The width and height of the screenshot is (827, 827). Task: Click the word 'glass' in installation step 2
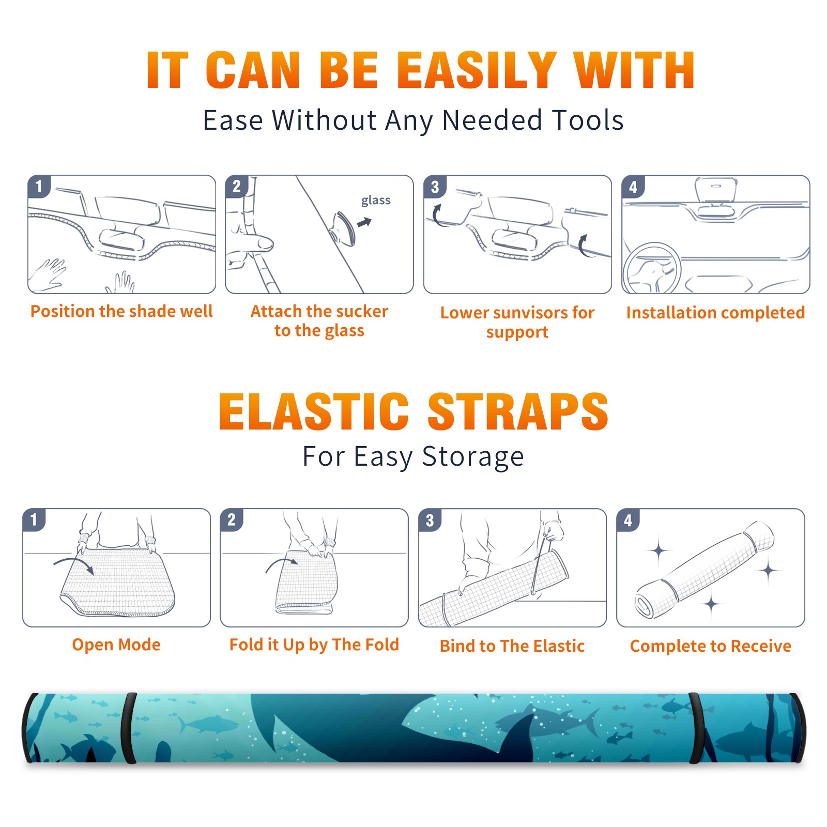coord(376,201)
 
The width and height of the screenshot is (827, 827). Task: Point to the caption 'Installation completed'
coord(715,312)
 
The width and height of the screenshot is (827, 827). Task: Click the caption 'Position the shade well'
coord(121,311)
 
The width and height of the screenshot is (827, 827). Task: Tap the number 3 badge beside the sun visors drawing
coord(435,187)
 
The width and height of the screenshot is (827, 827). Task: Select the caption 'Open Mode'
coord(116,645)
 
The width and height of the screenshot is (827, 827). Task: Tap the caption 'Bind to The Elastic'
coord(512,646)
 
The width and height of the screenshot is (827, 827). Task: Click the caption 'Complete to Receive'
coord(711,646)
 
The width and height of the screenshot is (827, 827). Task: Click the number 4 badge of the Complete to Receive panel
coord(628,520)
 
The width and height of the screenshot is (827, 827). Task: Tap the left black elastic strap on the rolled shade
coord(130,728)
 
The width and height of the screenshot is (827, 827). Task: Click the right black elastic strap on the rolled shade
coord(696,728)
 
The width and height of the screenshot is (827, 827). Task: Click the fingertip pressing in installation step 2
coord(265,242)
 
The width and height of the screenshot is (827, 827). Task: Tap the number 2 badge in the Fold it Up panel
coord(232,520)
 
